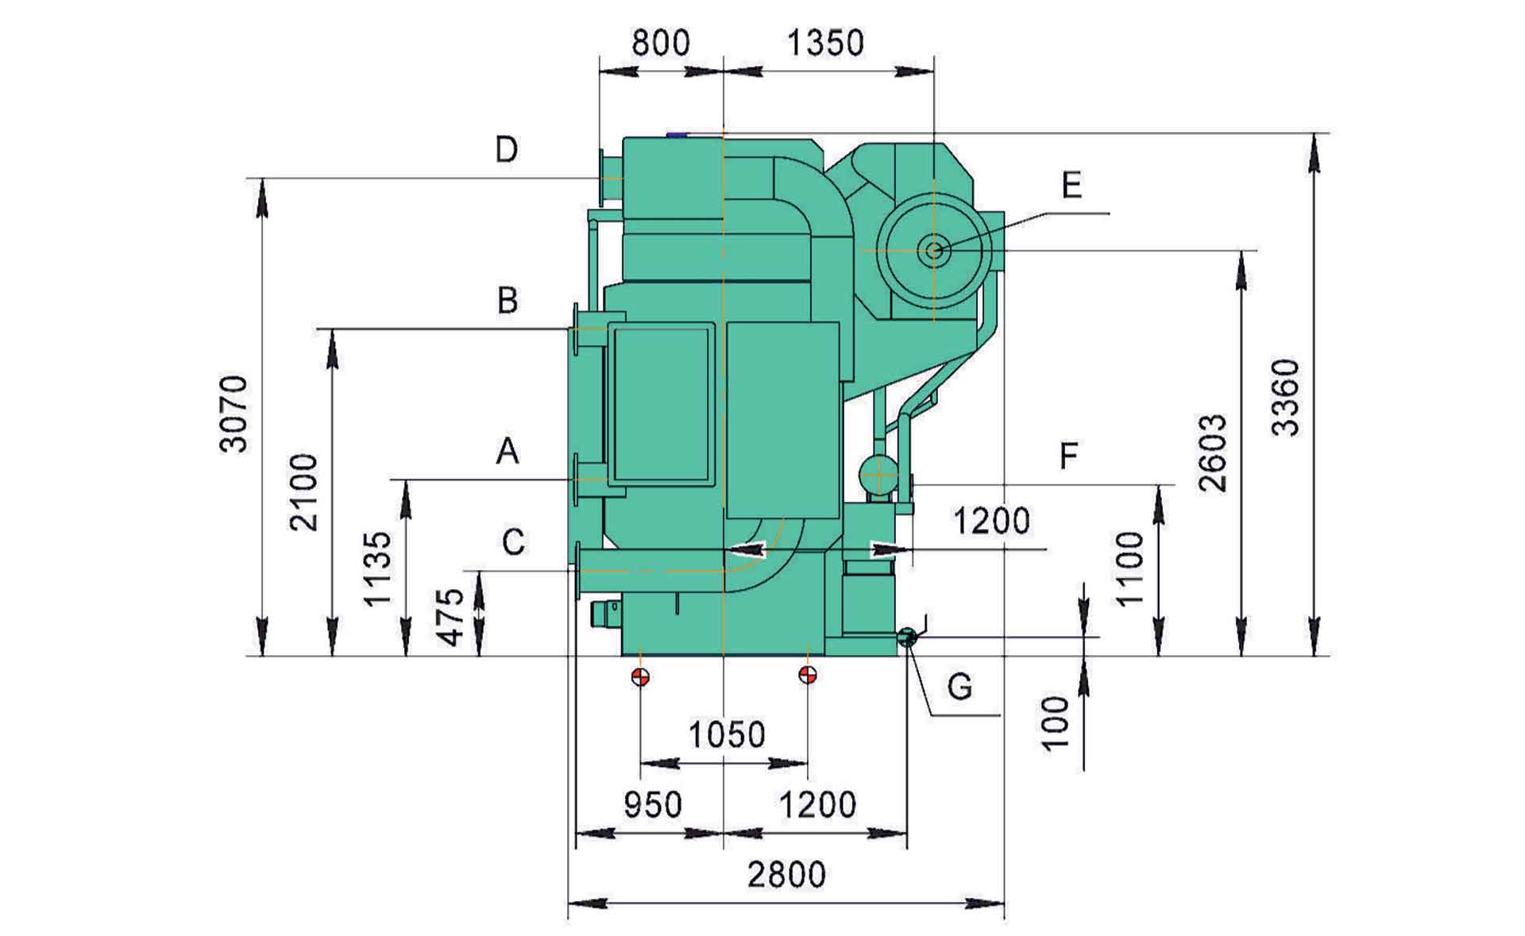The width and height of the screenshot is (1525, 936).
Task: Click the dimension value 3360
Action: [1286, 398]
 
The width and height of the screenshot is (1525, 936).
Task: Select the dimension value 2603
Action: [1213, 453]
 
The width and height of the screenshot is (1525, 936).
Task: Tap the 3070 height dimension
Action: [234, 414]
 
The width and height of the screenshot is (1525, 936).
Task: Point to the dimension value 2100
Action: [304, 491]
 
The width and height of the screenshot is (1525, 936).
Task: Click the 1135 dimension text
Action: [378, 568]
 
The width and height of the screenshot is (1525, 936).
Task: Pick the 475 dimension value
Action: [451, 617]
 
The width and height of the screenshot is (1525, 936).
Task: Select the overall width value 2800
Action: [786, 875]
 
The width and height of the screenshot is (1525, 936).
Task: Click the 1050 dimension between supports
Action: [726, 735]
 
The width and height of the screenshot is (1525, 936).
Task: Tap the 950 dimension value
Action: [652, 805]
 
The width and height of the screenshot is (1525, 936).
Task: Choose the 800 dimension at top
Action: [661, 42]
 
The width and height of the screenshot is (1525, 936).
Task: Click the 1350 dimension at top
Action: [825, 42]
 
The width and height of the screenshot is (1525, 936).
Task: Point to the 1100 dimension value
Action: [1129, 568]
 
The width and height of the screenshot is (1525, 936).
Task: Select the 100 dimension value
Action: [1056, 722]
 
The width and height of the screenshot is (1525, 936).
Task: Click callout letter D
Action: [506, 149]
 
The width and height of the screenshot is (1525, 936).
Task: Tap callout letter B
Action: [507, 301]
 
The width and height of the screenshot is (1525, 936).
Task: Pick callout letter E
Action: [1071, 186]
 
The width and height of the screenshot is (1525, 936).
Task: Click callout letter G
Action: [959, 686]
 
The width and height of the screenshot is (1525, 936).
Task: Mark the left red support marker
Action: [640, 676]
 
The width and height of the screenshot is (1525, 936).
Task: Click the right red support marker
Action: [808, 675]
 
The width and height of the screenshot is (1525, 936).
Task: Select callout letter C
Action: [513, 542]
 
